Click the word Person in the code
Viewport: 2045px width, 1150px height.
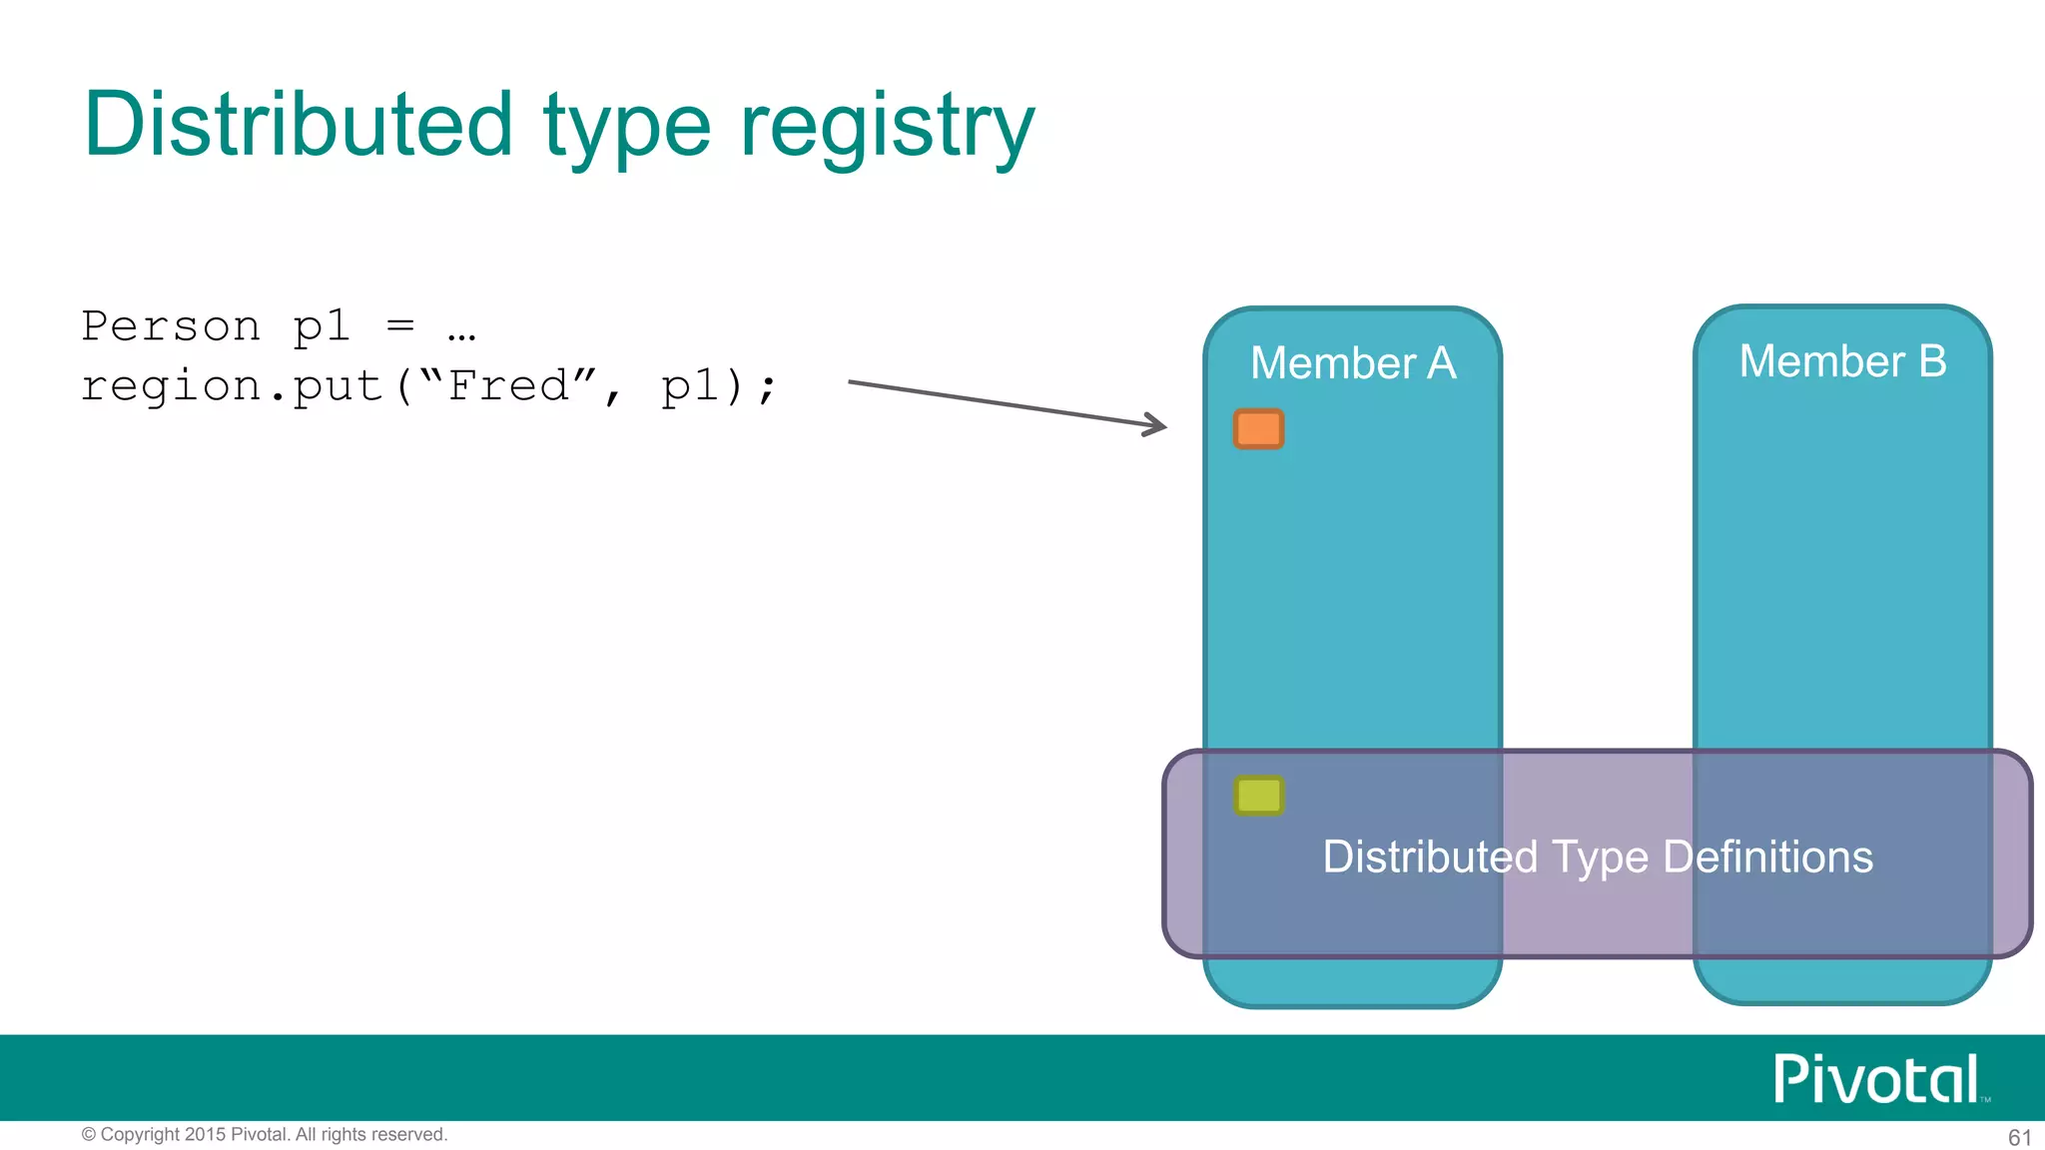pyautogui.click(x=171, y=326)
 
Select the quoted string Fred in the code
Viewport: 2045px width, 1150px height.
pyautogui.click(x=508, y=385)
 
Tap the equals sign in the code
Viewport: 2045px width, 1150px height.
pyautogui.click(x=400, y=325)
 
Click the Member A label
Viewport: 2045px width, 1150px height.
pyautogui.click(x=1353, y=363)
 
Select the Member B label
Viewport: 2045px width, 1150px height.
pyautogui.click(x=1842, y=361)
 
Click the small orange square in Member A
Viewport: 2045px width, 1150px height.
pyautogui.click(x=1258, y=429)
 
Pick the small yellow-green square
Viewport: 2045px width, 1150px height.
pyautogui.click(x=1258, y=796)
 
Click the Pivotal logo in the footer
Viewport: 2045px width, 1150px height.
pyautogui.click(x=1877, y=1079)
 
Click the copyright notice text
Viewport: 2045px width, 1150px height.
pyautogui.click(x=265, y=1135)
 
